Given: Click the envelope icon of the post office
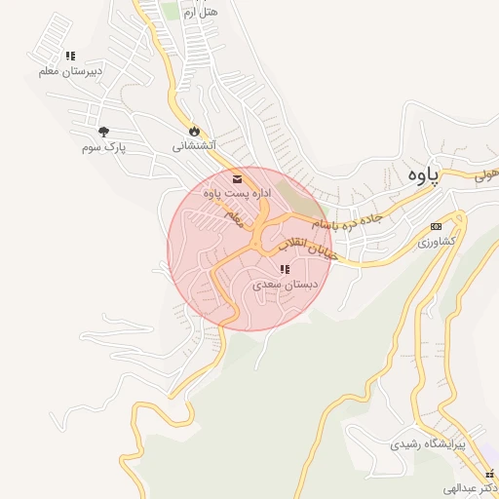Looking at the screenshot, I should coord(238,178).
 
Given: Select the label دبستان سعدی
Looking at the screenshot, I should coord(281,286).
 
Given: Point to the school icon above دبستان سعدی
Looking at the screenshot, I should coord(284,269).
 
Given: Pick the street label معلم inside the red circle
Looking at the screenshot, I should coord(233,219).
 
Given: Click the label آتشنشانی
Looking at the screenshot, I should coord(193,146).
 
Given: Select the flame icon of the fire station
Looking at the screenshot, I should coord(194,130).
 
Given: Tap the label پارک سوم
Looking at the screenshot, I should coord(105,147).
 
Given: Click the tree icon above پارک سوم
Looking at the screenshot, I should coord(104,131).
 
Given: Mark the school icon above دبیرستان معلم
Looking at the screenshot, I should coord(69,56).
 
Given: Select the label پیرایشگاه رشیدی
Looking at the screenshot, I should coord(429,443).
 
